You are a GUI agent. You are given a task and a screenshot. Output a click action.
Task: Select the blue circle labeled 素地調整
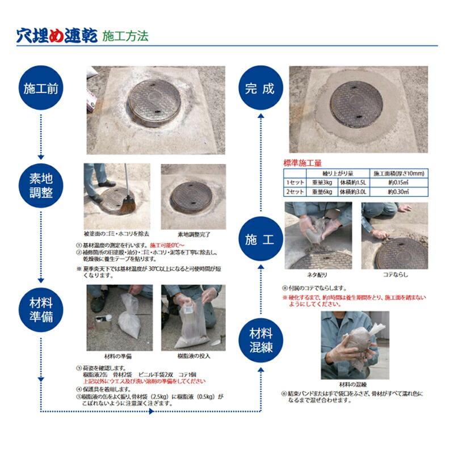click(40, 186)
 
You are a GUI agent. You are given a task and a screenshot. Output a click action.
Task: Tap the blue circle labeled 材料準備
click(40, 309)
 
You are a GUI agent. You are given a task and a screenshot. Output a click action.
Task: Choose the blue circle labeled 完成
click(260, 89)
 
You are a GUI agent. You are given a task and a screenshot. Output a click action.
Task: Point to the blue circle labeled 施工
click(260, 239)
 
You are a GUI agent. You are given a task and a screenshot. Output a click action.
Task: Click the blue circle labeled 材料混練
click(260, 340)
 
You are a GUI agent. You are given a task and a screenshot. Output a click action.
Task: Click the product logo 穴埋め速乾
click(57, 36)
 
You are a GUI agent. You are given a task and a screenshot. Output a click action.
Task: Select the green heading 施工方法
click(125, 37)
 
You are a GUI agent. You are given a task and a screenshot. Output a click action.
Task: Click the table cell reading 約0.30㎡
click(400, 192)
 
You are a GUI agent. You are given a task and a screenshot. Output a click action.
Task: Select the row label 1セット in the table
click(295, 183)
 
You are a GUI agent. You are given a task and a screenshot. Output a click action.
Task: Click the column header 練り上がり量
click(339, 173)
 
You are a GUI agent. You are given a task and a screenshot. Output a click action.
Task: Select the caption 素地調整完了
click(194, 233)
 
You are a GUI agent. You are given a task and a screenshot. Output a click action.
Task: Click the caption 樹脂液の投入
click(194, 356)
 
